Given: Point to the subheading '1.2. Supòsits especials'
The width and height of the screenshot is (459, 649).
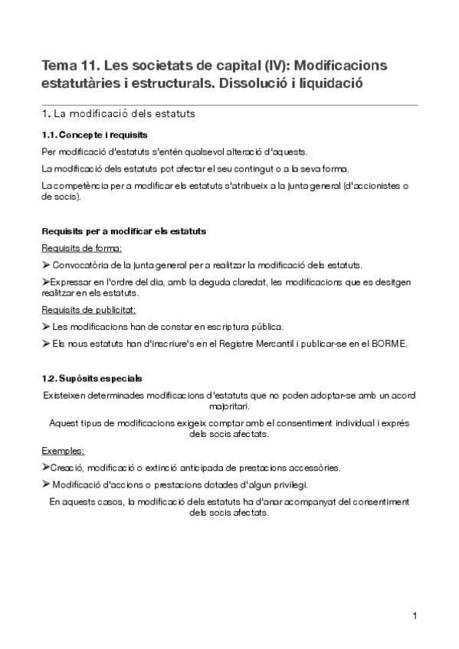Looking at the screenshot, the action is pyautogui.click(x=91, y=379).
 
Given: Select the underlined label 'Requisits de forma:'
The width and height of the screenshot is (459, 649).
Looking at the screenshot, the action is pyautogui.click(x=82, y=248).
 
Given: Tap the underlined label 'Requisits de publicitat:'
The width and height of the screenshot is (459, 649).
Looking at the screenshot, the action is pyautogui.click(x=89, y=310).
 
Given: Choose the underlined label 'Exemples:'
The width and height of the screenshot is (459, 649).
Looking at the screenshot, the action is pyautogui.click(x=64, y=451).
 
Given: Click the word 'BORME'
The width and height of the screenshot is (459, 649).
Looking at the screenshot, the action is pyautogui.click(x=389, y=343).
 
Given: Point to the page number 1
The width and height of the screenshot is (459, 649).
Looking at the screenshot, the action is pyautogui.click(x=415, y=615).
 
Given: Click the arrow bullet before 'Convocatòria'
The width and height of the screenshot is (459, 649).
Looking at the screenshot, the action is pyautogui.click(x=46, y=265).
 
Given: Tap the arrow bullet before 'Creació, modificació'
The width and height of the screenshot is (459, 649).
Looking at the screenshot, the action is pyautogui.click(x=46, y=467).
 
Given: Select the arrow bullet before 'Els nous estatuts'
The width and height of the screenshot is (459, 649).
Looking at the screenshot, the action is pyautogui.click(x=46, y=343).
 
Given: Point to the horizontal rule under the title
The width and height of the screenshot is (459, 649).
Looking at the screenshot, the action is pyautogui.click(x=229, y=105).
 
